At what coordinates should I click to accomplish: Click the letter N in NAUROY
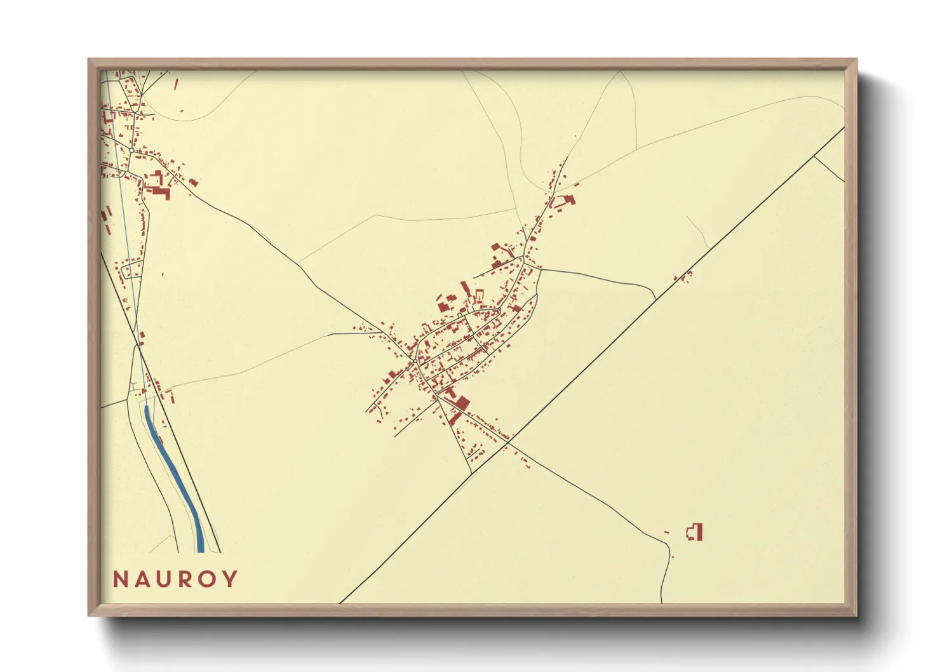click(x=119, y=579)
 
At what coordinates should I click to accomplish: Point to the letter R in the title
click(x=185, y=579)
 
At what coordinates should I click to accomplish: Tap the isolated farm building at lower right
click(x=696, y=532)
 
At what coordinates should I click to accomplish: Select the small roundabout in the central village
click(x=414, y=361)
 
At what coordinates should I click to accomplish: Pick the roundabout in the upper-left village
click(x=131, y=150)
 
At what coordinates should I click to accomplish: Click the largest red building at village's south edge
click(x=461, y=403)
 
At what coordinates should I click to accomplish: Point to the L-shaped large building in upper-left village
click(x=160, y=190)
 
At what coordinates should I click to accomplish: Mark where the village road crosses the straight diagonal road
click(x=510, y=438)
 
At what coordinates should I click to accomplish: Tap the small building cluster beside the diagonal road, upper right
click(x=684, y=276)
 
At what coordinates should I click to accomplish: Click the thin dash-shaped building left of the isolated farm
click(x=666, y=532)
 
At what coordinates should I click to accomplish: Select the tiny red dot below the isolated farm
click(x=672, y=557)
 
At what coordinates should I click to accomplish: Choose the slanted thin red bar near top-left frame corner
click(x=176, y=83)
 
